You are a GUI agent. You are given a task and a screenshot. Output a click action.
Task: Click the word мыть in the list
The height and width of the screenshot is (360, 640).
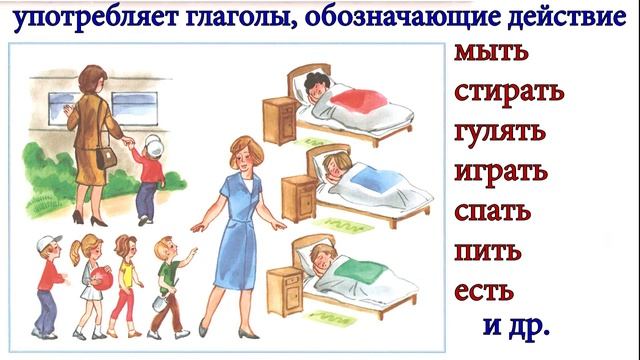[x=491, y=52]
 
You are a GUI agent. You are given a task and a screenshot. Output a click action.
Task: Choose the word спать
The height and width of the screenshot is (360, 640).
[x=493, y=212]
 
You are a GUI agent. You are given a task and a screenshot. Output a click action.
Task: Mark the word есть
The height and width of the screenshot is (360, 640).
[x=484, y=291]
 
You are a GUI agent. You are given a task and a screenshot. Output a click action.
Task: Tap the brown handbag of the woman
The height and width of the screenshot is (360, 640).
[x=106, y=158]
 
